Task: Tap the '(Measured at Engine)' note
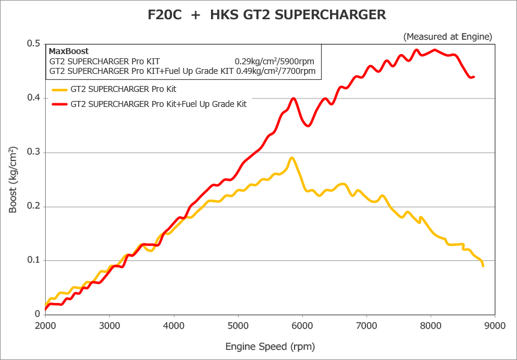[448, 37]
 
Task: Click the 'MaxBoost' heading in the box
[69, 51]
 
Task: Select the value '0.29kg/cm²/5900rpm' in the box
[275, 61]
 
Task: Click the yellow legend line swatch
[59, 89]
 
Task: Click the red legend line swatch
[59, 103]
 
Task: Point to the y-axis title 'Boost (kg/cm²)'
[13, 180]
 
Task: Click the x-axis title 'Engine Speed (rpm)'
[270, 346]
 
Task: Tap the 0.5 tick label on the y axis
[33, 44]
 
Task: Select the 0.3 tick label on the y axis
[33, 152]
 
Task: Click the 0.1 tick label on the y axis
[33, 260]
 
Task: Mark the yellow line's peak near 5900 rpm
[292, 158]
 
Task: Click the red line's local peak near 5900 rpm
[293, 98]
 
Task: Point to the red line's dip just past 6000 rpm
[308, 126]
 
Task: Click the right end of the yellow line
[483, 265]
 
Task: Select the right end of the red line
[474, 77]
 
